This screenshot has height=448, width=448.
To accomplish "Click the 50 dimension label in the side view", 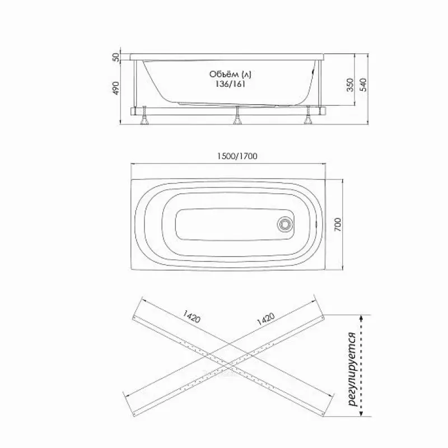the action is tap(116, 57).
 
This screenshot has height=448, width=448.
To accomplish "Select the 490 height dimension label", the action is tap(116, 88).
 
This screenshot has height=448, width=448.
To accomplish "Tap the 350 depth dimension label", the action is tap(350, 85).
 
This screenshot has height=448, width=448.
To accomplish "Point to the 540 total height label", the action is tap(363, 85).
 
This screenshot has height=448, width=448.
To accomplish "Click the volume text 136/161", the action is tap(230, 84).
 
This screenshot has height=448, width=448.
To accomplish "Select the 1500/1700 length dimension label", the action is tap(237, 156).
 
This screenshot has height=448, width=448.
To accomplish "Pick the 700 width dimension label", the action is tap(338, 225).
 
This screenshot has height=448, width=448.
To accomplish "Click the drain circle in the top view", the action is tap(286, 223).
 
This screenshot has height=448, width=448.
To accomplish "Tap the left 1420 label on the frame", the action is tap(192, 316).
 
